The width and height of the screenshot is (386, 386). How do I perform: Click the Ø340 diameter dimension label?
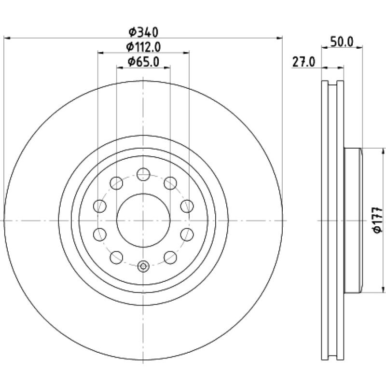(x=143, y=32)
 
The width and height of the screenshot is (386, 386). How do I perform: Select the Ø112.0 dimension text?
(x=143, y=47)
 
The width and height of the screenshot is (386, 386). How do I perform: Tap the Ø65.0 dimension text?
(x=143, y=62)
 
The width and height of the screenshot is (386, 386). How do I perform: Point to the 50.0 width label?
(x=342, y=41)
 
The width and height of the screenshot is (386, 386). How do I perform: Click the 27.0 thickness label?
(x=303, y=62)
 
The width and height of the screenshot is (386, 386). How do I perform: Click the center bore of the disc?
(x=143, y=221)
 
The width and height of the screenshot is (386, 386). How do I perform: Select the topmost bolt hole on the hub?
(x=143, y=174)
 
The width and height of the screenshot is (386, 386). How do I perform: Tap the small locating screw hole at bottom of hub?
(x=143, y=266)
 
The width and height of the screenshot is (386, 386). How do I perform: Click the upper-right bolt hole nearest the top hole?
(x=170, y=183)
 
